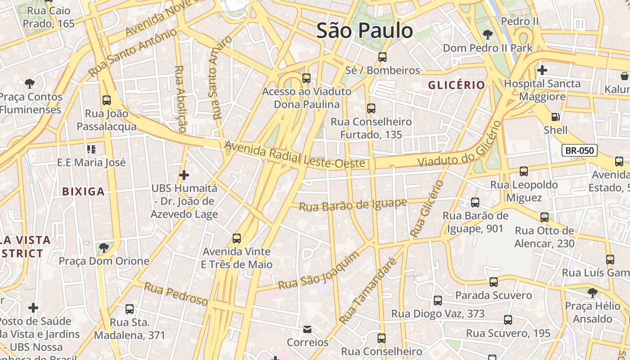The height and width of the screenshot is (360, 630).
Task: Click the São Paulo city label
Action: pyautogui.click(x=364, y=31)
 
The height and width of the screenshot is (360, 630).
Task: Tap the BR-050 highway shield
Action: pyautogui.click(x=580, y=151)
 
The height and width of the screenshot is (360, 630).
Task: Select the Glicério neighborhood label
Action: pyautogui.click(x=456, y=85)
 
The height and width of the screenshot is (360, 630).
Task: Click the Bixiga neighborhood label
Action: pyautogui.click(x=83, y=192)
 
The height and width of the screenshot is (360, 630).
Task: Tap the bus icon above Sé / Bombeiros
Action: pyautogui.click(x=382, y=57)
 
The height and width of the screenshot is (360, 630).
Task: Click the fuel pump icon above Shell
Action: pyautogui.click(x=556, y=117)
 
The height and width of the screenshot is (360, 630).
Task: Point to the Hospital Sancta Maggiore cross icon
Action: pyautogui.click(x=542, y=70)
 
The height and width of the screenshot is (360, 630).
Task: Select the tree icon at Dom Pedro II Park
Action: pyautogui.click(x=487, y=35)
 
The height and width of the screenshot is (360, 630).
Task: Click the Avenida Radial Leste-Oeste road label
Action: pyautogui.click(x=294, y=155)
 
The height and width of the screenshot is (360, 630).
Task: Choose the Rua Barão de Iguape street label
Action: pyautogui.click(x=353, y=205)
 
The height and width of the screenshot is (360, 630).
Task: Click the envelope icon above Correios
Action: pyautogui.click(x=307, y=329)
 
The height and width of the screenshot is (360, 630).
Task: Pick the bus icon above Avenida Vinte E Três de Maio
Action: pyautogui.click(x=237, y=238)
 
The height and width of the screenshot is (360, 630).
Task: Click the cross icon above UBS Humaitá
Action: pyautogui.click(x=184, y=175)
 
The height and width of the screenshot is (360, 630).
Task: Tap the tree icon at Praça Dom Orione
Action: pyautogui.click(x=104, y=247)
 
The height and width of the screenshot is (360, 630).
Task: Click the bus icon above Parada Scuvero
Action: pyautogui.click(x=494, y=282)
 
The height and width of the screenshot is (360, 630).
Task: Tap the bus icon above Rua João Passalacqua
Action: pyautogui.click(x=107, y=100)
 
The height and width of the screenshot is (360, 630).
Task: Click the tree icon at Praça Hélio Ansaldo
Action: pyautogui.click(x=593, y=293)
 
